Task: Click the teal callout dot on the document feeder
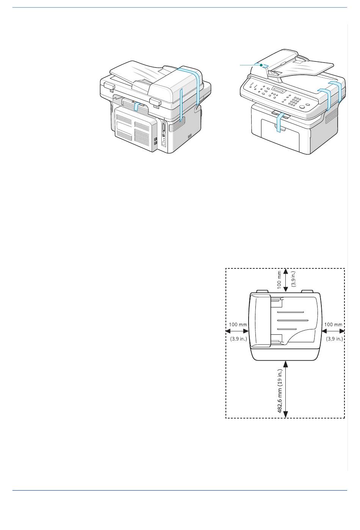pyautogui.click(x=261, y=65)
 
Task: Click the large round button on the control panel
pyautogui.click(x=302, y=107)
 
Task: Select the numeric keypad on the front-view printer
pyautogui.click(x=294, y=101)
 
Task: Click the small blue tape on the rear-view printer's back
pyautogui.click(x=137, y=107)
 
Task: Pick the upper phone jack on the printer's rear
pyautogui.click(x=155, y=139)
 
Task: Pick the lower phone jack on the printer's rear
pyautogui.click(x=155, y=143)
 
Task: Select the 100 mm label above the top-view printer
pyautogui.click(x=279, y=280)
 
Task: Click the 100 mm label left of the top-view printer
pyautogui.click(x=238, y=325)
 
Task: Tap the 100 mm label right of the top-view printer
pyautogui.click(x=333, y=325)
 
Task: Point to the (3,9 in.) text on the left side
pyautogui.click(x=238, y=339)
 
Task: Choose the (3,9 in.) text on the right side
pyautogui.click(x=334, y=339)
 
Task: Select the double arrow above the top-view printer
pyautogui.click(x=285, y=280)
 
